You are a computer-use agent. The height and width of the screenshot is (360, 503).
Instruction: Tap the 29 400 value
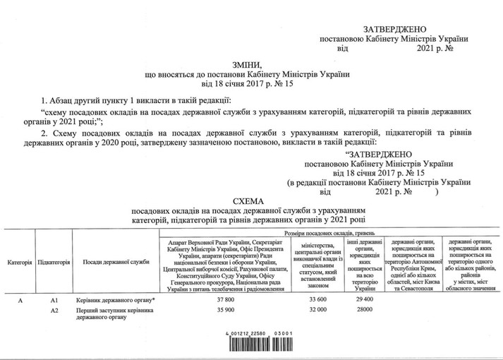pyautogui.click(x=361, y=299)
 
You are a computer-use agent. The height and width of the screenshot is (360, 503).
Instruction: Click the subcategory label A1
pyautogui.click(x=54, y=299)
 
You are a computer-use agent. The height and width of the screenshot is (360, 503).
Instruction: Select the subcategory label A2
pyautogui.click(x=54, y=310)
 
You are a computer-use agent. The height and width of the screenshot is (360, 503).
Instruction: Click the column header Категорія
pyautogui.click(x=20, y=262)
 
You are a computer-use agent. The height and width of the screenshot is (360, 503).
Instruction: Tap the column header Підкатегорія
pyautogui.click(x=54, y=262)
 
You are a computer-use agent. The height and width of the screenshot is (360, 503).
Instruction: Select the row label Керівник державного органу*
pyautogui.click(x=115, y=299)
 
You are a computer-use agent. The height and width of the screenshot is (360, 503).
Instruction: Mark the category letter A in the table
pyautogui.click(x=19, y=299)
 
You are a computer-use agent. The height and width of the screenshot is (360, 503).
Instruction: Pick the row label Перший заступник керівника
pyautogui.click(x=115, y=310)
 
